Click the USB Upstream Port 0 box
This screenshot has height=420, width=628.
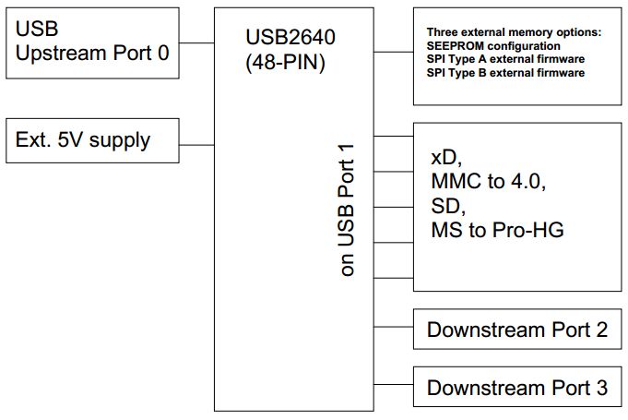92,42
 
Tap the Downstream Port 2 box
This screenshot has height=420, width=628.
517,330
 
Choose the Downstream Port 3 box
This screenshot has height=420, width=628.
517,387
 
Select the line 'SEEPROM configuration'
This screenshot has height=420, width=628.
493,46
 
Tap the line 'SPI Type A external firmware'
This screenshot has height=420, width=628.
506,59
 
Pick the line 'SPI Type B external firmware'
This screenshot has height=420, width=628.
506,72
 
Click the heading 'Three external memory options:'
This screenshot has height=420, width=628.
514,33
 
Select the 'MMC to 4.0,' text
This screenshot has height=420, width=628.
489,180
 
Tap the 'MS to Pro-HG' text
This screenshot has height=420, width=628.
497,230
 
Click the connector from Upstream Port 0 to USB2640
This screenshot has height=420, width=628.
196,42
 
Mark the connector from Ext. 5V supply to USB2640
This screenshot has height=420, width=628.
196,143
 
